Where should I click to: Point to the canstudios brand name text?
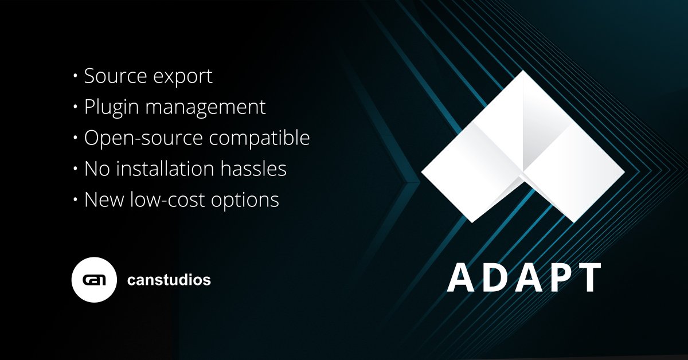169,281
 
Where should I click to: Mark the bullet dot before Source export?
76,77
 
